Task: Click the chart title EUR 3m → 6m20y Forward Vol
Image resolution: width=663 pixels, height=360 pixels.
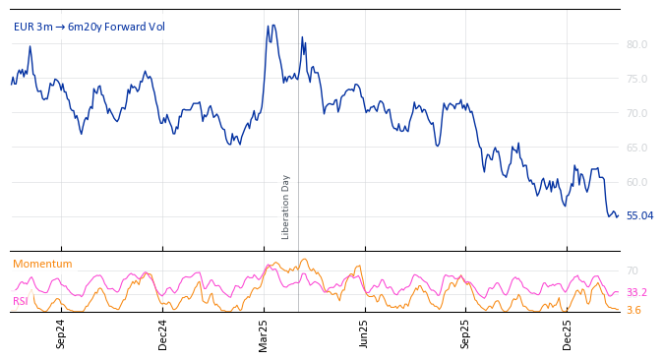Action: pyautogui.click(x=89, y=27)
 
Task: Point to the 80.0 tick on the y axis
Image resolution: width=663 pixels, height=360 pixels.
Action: pyautogui.click(x=636, y=44)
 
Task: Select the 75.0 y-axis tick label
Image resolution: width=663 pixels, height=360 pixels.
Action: pyautogui.click(x=636, y=79)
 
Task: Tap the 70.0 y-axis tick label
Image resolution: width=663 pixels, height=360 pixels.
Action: pyautogui.click(x=636, y=113)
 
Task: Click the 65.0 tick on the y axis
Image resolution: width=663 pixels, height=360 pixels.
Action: pyautogui.click(x=636, y=148)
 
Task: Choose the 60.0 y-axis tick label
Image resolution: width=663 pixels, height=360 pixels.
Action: pyautogui.click(x=636, y=182)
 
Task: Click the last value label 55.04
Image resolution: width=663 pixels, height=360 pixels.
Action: pyautogui.click(x=639, y=215)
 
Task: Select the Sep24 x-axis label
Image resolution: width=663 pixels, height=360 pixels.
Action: pyautogui.click(x=61, y=333)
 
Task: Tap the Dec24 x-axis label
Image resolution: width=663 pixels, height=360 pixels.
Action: pyautogui.click(x=163, y=333)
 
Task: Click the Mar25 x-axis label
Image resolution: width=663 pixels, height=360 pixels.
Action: pyautogui.click(x=264, y=333)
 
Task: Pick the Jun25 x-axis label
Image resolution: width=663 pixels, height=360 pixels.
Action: pyautogui.click(x=365, y=333)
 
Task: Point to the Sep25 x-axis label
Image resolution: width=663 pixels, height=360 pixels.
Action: pyautogui.click(x=466, y=333)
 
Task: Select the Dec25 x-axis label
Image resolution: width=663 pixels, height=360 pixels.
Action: pyautogui.click(x=568, y=333)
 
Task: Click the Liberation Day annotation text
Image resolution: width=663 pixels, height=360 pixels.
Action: pyautogui.click(x=286, y=207)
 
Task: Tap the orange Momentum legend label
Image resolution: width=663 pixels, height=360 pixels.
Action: pyautogui.click(x=42, y=264)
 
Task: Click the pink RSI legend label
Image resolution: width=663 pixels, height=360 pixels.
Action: pyautogui.click(x=21, y=301)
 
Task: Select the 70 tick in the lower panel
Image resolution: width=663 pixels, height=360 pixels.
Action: pyautogui.click(x=632, y=270)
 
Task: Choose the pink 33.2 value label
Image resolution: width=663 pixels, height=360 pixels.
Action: pyautogui.click(x=636, y=292)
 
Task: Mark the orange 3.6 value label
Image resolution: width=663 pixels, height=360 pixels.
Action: pyautogui.click(x=633, y=310)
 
